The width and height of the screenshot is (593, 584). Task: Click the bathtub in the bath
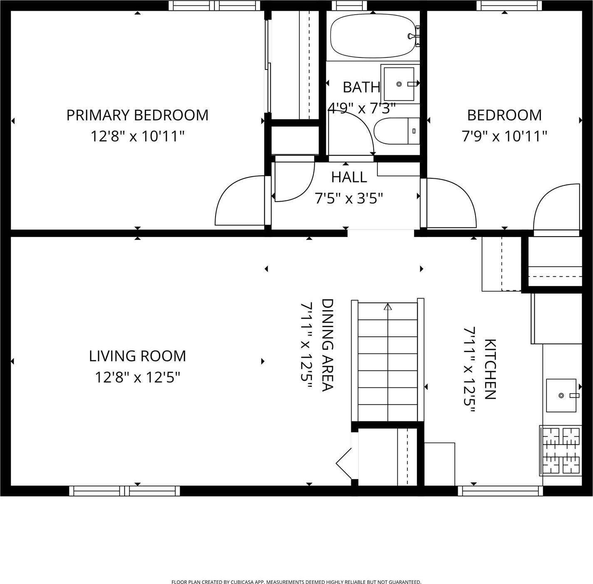click(373, 36)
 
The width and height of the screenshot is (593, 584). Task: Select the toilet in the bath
click(396, 131)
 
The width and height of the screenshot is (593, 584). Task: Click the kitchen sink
click(561, 395)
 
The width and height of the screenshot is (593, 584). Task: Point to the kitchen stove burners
click(561, 450)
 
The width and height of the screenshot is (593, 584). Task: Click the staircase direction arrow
click(388, 307)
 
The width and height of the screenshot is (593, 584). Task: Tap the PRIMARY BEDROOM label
click(137, 115)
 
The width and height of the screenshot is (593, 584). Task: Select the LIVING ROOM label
click(137, 356)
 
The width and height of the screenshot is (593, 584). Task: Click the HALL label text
click(349, 177)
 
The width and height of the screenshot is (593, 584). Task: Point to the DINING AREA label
click(328, 345)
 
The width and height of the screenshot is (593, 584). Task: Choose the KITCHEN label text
click(490, 369)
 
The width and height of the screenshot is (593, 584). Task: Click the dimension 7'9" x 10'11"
click(504, 136)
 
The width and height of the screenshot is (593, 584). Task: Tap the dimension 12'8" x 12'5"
click(137, 377)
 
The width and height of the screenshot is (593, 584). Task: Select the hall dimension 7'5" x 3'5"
click(349, 198)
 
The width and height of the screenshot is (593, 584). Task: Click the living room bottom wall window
click(124, 491)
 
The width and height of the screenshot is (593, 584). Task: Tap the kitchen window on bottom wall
click(500, 491)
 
